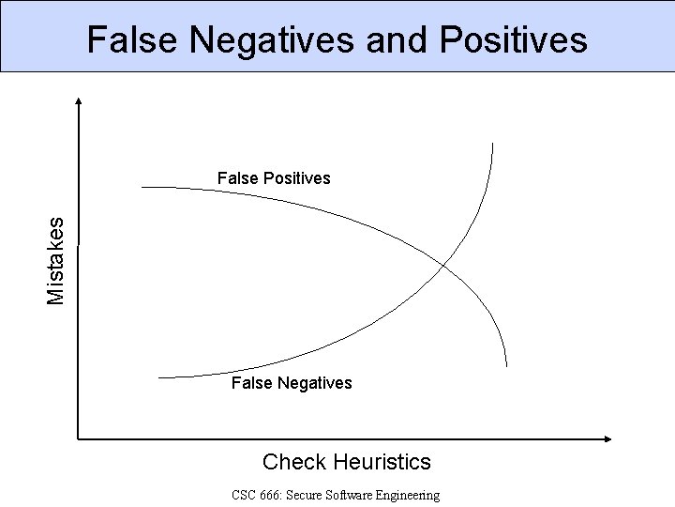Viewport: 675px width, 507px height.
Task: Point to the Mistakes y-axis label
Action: [57, 260]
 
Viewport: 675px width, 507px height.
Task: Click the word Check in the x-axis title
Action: [293, 462]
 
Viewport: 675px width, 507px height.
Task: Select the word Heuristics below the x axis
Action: [382, 462]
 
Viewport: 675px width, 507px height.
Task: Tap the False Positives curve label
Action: [274, 177]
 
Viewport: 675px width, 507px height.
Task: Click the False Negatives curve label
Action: [292, 382]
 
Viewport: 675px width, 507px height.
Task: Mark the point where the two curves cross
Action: [445, 266]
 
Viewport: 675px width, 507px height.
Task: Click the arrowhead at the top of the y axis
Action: [79, 100]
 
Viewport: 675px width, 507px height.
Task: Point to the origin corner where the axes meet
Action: [79, 438]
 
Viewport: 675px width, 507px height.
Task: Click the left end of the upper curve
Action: [142, 187]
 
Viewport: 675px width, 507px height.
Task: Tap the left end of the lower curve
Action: [158, 377]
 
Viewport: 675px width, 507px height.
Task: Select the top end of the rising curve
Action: [493, 143]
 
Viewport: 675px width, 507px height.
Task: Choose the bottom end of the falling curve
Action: [506, 366]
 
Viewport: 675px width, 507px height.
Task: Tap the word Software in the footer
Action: [345, 495]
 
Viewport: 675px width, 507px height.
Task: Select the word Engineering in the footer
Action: [406, 495]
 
